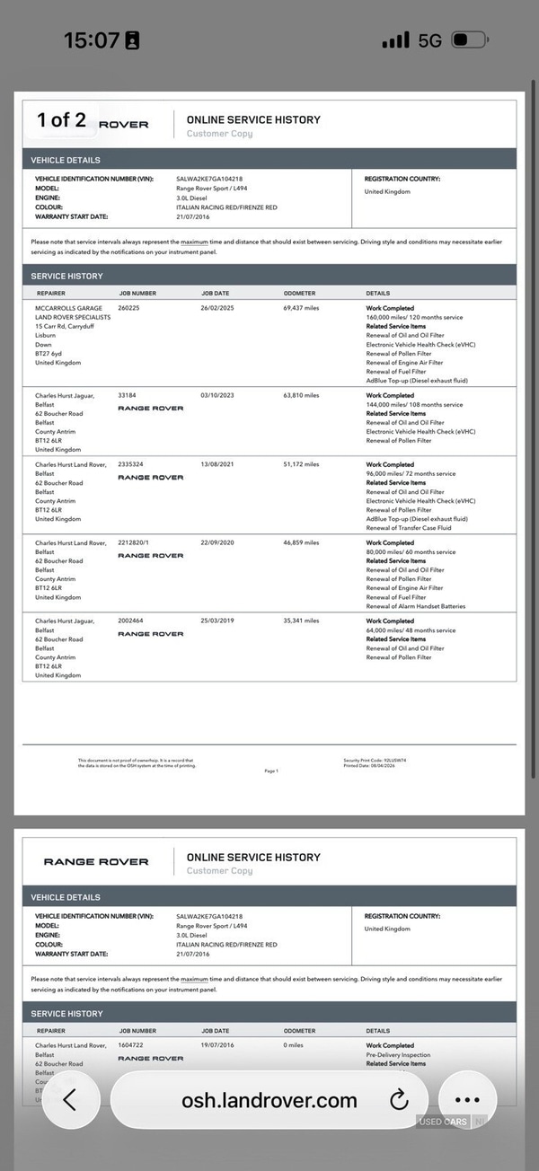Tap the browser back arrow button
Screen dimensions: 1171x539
(x=70, y=1100)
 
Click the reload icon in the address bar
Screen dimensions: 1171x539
(x=399, y=1100)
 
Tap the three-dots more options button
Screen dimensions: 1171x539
(x=468, y=1100)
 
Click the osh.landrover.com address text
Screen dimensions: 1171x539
(x=269, y=1100)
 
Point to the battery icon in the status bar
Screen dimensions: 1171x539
(x=467, y=40)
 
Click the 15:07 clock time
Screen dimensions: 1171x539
(x=92, y=40)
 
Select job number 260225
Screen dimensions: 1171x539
(x=130, y=308)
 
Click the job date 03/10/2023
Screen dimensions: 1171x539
(x=217, y=395)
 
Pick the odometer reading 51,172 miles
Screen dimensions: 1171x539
(x=301, y=464)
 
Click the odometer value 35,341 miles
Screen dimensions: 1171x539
(x=301, y=621)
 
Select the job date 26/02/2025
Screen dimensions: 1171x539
(x=217, y=308)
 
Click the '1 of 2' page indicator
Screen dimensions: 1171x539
(x=62, y=120)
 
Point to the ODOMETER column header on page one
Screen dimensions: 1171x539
(x=299, y=293)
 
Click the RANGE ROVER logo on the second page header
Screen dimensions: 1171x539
(x=96, y=861)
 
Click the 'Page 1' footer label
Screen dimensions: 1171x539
(x=271, y=770)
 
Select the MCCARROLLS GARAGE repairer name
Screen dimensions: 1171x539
(x=69, y=308)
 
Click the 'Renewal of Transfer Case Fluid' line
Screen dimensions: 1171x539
(x=409, y=527)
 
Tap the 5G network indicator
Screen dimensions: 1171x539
(x=430, y=40)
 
